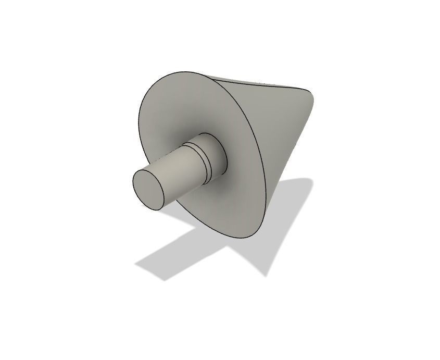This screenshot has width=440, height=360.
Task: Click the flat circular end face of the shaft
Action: click(x=149, y=189)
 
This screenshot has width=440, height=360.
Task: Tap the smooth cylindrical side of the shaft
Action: click(x=177, y=175)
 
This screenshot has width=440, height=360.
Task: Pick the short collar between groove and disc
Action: click(x=215, y=154)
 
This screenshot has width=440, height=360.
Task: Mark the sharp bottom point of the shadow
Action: click(x=267, y=275)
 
